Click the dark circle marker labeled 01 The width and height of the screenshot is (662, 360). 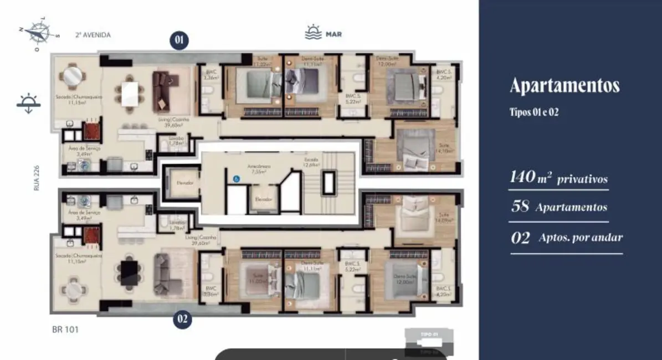(179, 40)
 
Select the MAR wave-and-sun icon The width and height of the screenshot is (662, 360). (313, 33)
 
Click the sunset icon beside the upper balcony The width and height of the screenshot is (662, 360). (29, 104)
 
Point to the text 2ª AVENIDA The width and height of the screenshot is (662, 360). (93, 35)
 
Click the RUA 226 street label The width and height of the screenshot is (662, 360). (37, 179)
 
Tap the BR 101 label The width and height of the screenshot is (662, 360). (65, 330)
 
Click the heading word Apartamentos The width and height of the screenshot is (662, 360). (564, 86)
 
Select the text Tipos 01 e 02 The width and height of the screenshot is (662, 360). (534, 112)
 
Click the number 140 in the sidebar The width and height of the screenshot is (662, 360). (521, 178)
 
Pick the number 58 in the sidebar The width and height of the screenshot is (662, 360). (520, 207)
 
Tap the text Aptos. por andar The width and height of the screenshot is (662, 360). (580, 238)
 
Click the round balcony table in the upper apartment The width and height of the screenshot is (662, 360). (73, 76)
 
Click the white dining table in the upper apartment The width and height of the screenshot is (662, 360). (129, 93)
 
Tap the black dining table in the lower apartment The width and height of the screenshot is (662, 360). (129, 272)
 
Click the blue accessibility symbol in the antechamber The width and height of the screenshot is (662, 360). (237, 179)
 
